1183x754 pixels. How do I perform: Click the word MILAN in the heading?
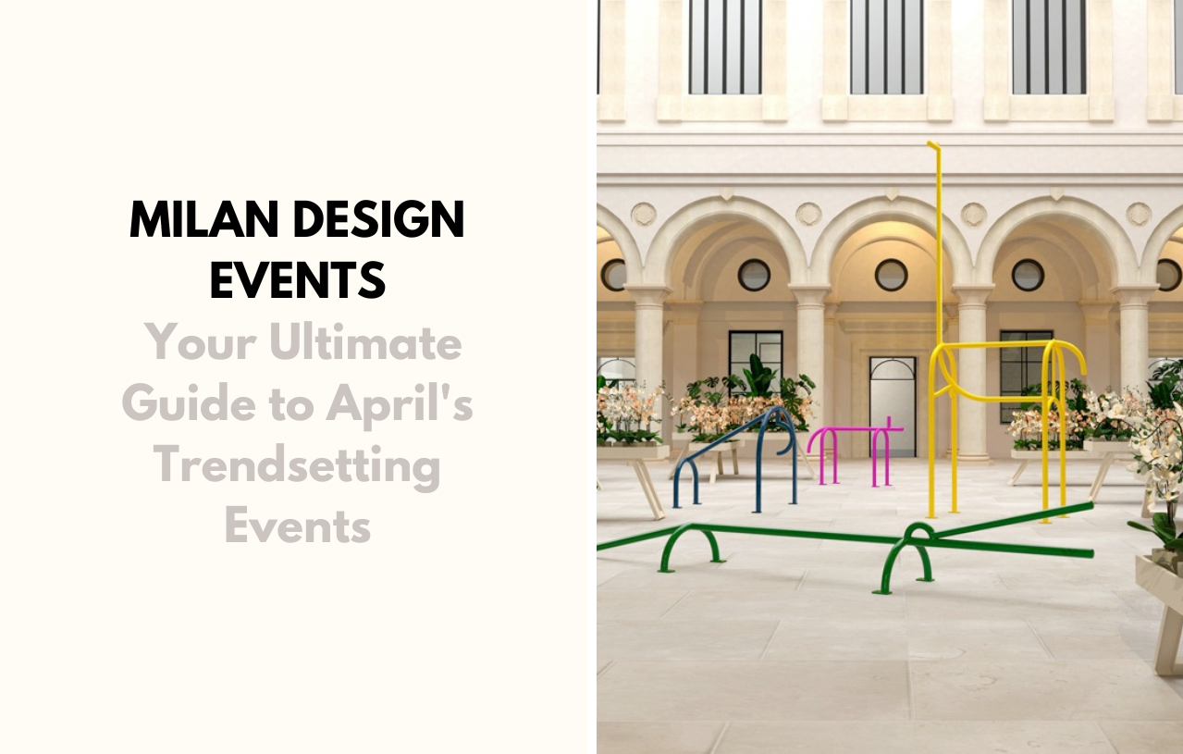[x=203, y=218]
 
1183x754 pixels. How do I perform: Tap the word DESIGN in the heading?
[x=378, y=218]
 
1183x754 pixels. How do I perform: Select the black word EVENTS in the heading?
[x=297, y=280]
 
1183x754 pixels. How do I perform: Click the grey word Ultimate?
[x=365, y=342]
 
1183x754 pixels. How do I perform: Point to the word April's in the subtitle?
[x=400, y=405]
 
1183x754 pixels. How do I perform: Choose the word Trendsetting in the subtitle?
[x=297, y=467]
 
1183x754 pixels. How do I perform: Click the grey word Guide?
[x=189, y=402]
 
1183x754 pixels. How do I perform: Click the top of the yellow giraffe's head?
[x=933, y=143]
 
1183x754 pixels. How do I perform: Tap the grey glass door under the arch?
[x=893, y=407]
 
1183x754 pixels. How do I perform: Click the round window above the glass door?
[x=891, y=275]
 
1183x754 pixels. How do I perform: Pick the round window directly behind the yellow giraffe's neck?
[x=891, y=275]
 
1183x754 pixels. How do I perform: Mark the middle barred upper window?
[x=887, y=46]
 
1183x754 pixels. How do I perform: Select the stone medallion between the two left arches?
[x=643, y=214]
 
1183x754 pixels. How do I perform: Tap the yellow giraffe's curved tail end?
[x=1078, y=364]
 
